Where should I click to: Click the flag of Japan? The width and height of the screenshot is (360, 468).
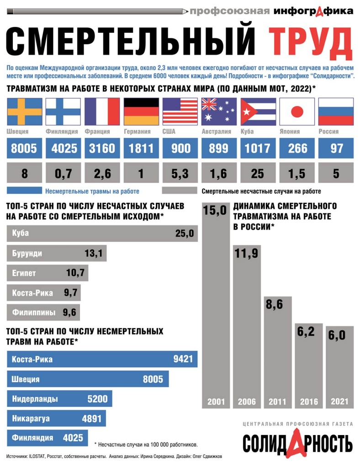pyautogui.click(x=297, y=111)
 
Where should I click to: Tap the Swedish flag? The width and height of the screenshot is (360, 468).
pyautogui.click(x=24, y=111)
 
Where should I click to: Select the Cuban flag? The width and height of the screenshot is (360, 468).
pyautogui.click(x=258, y=111)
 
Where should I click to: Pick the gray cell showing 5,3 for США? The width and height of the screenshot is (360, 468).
pyautogui.click(x=180, y=174)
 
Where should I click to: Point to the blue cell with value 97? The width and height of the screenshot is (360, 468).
pyautogui.click(x=336, y=148)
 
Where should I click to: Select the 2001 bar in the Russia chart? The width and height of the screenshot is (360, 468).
pyautogui.click(x=216, y=306)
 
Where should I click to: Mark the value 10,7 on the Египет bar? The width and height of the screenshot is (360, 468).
pyautogui.click(x=75, y=273)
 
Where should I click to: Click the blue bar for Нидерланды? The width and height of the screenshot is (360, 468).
pyautogui.click(x=59, y=399)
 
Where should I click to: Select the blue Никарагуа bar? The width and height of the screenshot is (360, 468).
pyautogui.click(x=56, y=418)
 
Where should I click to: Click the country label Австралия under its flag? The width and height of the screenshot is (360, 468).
pyautogui.click(x=216, y=132)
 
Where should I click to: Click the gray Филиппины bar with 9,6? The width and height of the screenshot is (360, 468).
pyautogui.click(x=44, y=313)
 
